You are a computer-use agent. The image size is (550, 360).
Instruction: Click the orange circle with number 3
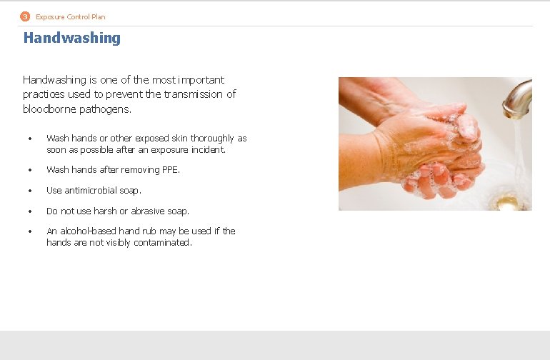[x=25, y=16]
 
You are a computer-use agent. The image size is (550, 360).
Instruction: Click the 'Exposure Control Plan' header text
[x=70, y=16]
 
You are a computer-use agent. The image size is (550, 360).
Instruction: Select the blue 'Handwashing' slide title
[x=71, y=38]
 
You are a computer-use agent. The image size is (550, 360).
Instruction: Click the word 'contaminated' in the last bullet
[x=164, y=243]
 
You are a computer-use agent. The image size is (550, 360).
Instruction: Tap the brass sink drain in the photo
[x=509, y=203]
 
